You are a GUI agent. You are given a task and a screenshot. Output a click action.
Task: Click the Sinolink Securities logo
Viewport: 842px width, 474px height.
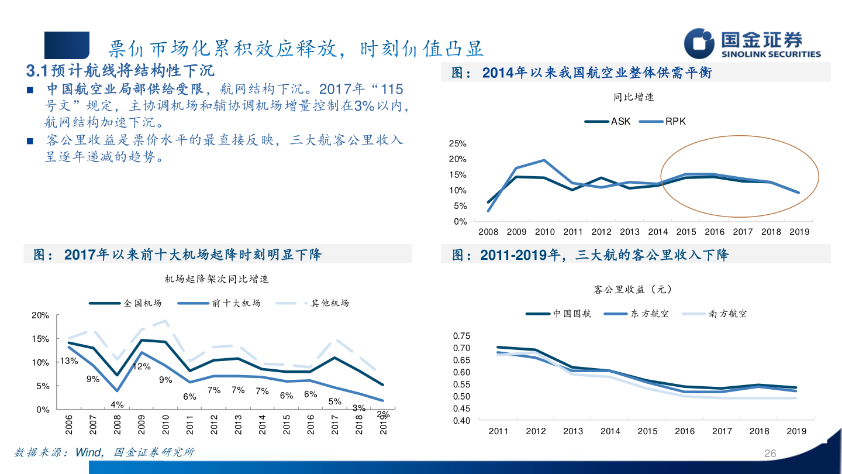[x=752, y=44]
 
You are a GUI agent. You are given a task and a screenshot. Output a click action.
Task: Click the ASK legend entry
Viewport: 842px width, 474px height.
[x=608, y=122]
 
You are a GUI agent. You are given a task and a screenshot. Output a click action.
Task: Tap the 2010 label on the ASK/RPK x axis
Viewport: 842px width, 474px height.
[x=544, y=232]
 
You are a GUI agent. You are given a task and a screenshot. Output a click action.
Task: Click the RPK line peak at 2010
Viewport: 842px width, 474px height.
[x=544, y=160]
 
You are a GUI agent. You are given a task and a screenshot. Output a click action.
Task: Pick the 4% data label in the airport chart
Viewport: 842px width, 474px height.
[x=117, y=404]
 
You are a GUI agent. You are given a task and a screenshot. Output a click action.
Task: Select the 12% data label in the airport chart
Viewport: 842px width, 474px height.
[x=142, y=367]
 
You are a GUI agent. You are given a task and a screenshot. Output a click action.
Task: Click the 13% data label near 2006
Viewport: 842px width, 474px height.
[x=68, y=361]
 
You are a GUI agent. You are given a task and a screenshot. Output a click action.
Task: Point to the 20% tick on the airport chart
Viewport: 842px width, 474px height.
[x=40, y=315]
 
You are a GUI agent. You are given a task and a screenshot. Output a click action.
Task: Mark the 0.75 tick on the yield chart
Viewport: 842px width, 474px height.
[x=461, y=336]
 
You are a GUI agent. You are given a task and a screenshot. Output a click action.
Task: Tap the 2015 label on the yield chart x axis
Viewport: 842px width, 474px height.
[x=647, y=431]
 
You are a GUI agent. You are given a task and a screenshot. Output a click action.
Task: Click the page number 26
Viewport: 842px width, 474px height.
[x=770, y=454]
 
